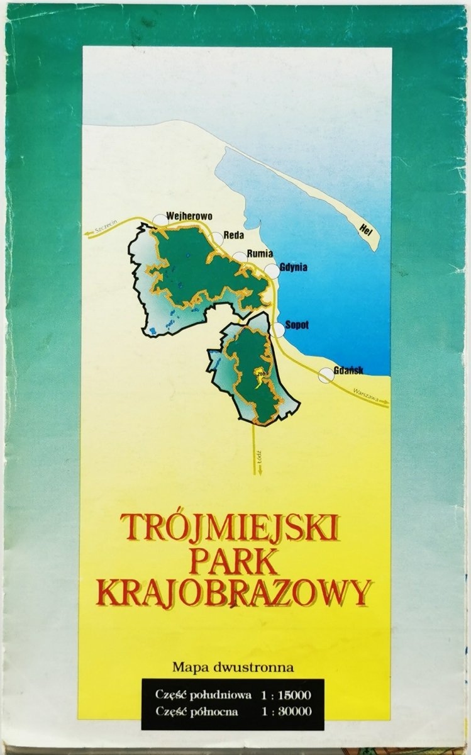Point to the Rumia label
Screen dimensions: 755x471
[260, 254]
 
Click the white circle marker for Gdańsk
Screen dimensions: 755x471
[326, 375]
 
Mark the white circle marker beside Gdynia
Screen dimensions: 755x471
[272, 271]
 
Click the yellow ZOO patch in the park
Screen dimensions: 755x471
[259, 376]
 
